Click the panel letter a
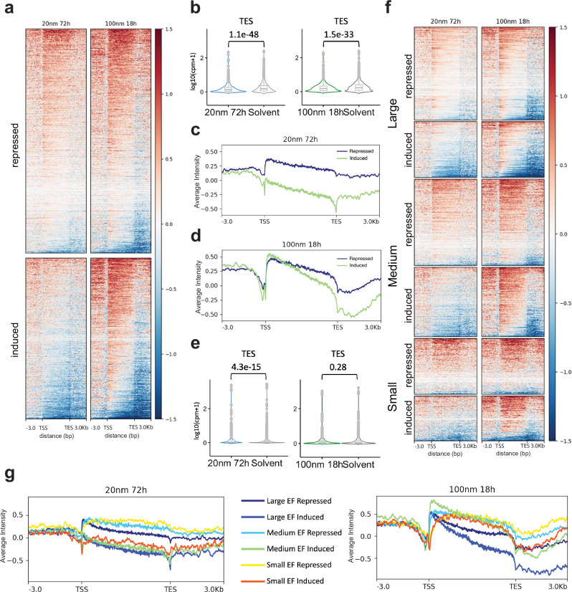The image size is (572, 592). pos(9,9)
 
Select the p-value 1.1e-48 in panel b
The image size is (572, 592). pos(244,34)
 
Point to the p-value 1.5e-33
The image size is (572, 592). pos(338,34)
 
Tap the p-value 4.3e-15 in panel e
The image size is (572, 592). pos(246,367)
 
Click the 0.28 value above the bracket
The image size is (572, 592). pos(338,367)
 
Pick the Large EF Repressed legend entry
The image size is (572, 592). pos(286,501)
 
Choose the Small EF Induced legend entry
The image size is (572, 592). pos(282,581)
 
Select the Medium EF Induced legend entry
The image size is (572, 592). pos(287,548)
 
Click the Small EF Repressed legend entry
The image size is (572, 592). pos(286,565)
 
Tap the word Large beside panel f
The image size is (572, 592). pos(393,113)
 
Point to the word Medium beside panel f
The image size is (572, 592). pos(393,266)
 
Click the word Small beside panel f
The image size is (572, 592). pos(393,397)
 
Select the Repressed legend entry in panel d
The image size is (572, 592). pos(355,259)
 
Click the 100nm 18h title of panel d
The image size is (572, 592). pos(301,244)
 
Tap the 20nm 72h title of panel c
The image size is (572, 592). pos(300,139)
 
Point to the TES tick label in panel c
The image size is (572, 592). pos(336,221)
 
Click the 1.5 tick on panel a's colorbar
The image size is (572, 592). pos(168,29)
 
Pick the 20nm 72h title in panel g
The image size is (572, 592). pos(125,490)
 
